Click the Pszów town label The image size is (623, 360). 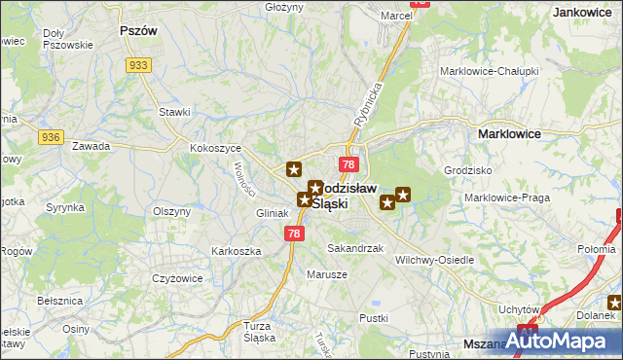coord(137,30)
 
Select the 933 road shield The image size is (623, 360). coord(137,64)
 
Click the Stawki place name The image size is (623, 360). coord(174,112)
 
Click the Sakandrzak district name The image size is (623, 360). coord(355,249)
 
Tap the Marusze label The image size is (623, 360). coord(328,274)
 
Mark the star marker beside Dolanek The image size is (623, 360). coord(616,303)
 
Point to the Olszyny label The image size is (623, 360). coord(170,211)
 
